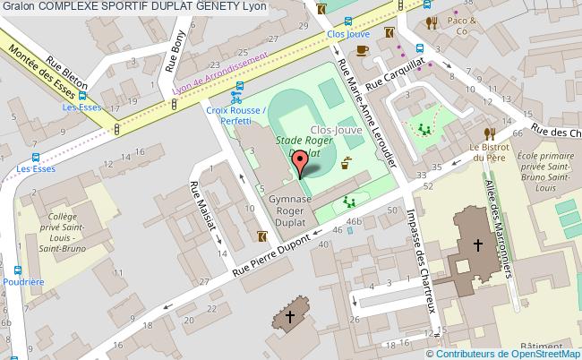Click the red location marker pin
[x=304, y=163]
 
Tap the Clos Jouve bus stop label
[x=348, y=34]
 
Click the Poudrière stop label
[x=24, y=282]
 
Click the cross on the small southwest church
[x=288, y=316]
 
